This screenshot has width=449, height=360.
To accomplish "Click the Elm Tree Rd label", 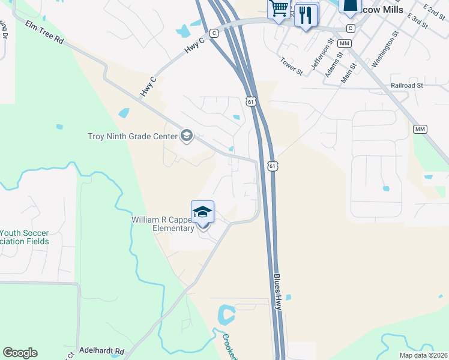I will coord(44,31).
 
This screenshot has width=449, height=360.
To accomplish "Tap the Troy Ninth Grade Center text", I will coord(131,136).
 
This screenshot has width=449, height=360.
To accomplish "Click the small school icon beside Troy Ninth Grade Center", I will coord(186,136).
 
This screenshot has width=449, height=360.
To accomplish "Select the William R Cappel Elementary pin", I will coord(203,214).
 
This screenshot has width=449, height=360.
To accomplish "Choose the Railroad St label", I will coord(406,86).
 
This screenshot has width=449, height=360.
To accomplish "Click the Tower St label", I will coord(292,66).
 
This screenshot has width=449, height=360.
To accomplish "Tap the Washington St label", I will coord(385,52).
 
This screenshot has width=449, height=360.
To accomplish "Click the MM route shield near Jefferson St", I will coord(345,44).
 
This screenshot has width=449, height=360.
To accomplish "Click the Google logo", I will coord(20,353).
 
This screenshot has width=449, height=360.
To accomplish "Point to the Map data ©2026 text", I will coord(423,355).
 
